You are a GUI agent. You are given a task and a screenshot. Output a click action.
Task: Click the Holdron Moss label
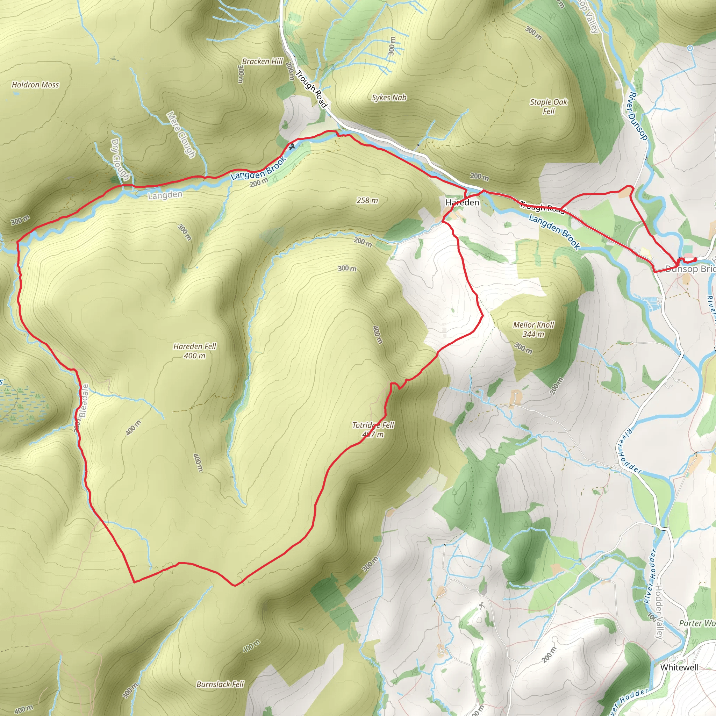(x=35, y=85)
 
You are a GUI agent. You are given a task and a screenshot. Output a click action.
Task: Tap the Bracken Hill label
(x=263, y=62)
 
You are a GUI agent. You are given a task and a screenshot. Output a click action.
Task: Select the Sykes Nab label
(x=389, y=98)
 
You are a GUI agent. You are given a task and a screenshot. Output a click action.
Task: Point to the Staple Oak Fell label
(x=549, y=106)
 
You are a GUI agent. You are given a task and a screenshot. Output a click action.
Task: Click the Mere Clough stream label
(x=180, y=135)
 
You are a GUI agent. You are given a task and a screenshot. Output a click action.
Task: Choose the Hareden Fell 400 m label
(x=195, y=351)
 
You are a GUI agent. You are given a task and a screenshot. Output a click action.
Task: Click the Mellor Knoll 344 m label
(x=533, y=329)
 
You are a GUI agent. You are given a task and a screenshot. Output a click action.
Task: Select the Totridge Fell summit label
(x=373, y=430)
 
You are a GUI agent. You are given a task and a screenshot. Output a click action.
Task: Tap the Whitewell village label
(x=679, y=667)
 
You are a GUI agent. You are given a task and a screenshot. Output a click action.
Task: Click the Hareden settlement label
(x=462, y=202)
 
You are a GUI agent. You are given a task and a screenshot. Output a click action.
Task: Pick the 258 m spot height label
(x=367, y=200)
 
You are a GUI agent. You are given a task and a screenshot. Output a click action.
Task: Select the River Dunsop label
(x=637, y=116)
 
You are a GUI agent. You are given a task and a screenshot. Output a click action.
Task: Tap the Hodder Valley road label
(x=659, y=611)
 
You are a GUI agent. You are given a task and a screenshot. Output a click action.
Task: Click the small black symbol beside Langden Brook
(x=292, y=147)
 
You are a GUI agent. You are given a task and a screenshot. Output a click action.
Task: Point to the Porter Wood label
(x=697, y=623)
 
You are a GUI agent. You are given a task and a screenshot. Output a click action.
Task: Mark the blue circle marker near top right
(x=690, y=48)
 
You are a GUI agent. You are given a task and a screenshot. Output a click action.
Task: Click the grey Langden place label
(x=165, y=195)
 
